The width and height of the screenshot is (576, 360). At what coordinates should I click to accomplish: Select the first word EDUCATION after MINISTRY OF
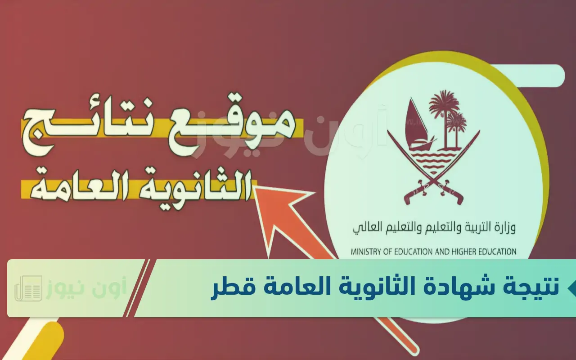point(410,252)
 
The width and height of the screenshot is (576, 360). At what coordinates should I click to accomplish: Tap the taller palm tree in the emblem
point(444,117)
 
